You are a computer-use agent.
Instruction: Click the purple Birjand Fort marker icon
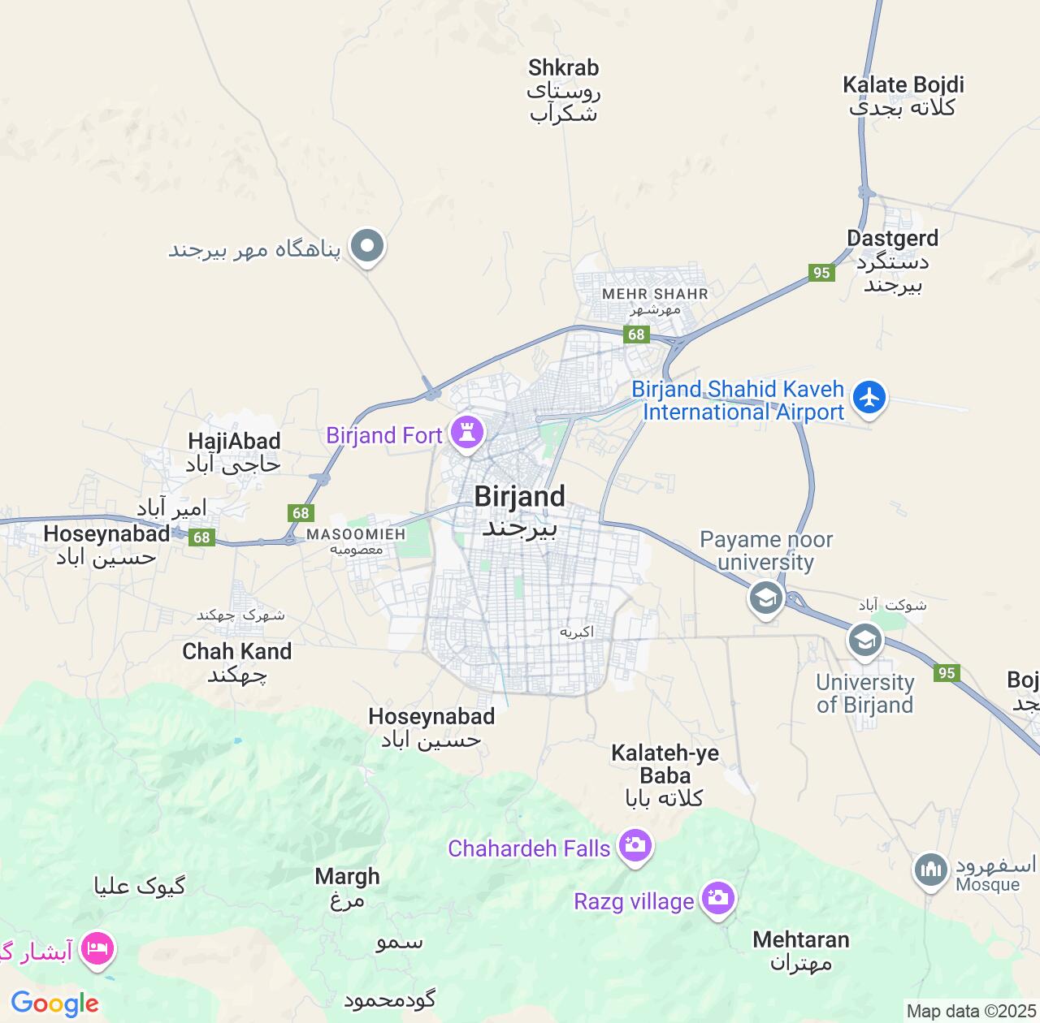[x=467, y=431]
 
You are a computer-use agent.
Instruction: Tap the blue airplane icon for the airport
[x=869, y=397]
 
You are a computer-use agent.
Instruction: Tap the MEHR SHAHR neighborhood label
[x=655, y=294]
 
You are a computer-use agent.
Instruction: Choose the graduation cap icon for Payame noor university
[x=765, y=598]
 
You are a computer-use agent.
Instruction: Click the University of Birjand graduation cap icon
[x=865, y=640]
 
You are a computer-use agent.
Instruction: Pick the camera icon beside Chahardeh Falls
[x=635, y=845]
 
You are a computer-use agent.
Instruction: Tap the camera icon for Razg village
[x=717, y=897]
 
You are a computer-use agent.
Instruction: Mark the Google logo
[x=54, y=1004]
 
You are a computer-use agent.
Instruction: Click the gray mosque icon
[x=930, y=870]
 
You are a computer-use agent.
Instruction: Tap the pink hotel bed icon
[x=97, y=947]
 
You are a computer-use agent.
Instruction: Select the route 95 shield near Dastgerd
[x=821, y=273]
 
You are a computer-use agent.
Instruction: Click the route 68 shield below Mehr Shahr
[x=636, y=335]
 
